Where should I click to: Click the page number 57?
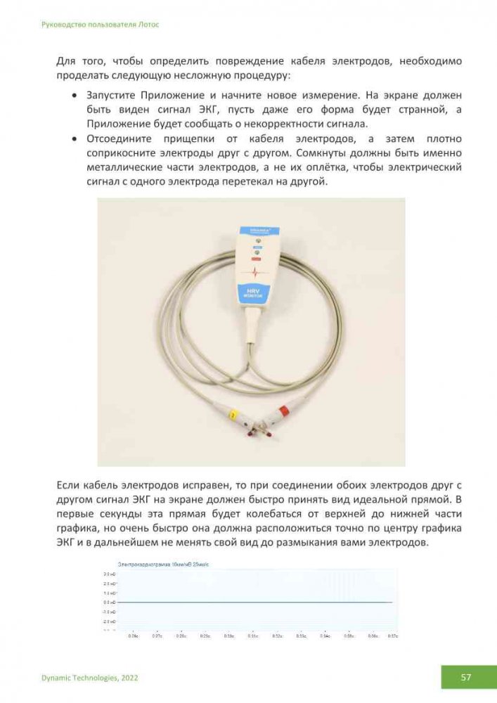465,677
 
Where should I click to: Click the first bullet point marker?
75,94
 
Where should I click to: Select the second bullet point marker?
75,138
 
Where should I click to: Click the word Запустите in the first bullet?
111,94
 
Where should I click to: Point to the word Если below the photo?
68,485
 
